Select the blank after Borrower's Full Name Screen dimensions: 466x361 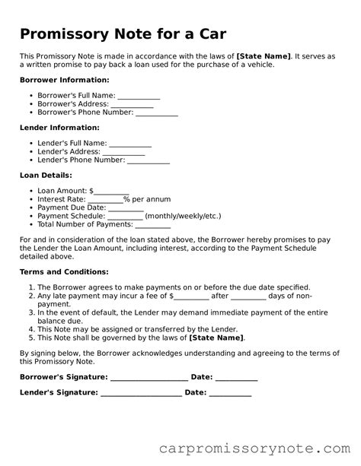(139, 97)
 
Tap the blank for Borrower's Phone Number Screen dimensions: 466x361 (157, 113)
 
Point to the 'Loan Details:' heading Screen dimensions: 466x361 (47, 175)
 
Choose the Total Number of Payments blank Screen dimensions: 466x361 (152, 225)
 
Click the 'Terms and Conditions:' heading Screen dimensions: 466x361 (64, 271)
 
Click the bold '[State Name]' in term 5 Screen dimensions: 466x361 (216, 337)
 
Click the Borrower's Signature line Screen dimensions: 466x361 (149, 377)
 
